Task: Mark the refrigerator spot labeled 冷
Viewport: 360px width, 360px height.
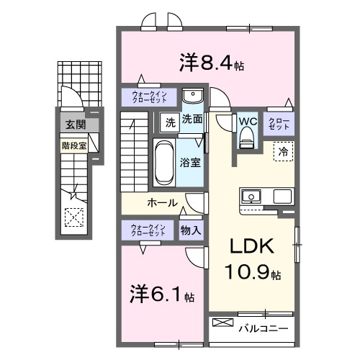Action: [283, 152]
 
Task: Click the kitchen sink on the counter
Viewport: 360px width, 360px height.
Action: [253, 196]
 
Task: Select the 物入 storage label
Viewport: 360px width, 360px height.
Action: [191, 230]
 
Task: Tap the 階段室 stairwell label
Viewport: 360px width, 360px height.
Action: [73, 144]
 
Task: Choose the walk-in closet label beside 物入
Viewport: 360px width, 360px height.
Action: [148, 230]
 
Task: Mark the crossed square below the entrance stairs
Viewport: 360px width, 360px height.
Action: [73, 216]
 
